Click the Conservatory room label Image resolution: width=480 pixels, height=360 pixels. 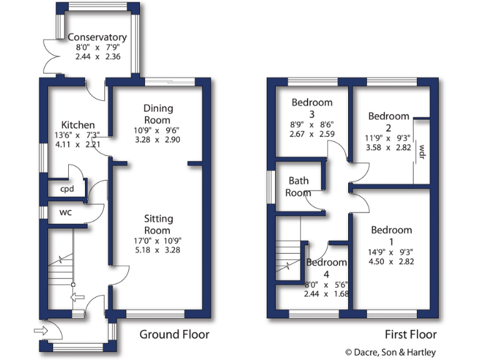click(97, 37)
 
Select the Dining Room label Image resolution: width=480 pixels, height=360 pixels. click(157, 114)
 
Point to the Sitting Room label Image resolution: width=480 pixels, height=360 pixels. click(158, 224)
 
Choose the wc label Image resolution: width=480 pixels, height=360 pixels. click(66, 212)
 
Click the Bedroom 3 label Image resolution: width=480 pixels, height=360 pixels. click(312, 108)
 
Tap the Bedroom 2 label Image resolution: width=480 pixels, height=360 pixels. click(388, 122)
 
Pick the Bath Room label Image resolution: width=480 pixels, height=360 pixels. click(298, 187)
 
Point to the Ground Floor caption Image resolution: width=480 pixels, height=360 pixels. click(174, 334)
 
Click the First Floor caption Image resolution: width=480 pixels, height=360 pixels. click(410, 334)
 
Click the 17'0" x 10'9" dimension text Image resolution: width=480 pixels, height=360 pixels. click(158, 241)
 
